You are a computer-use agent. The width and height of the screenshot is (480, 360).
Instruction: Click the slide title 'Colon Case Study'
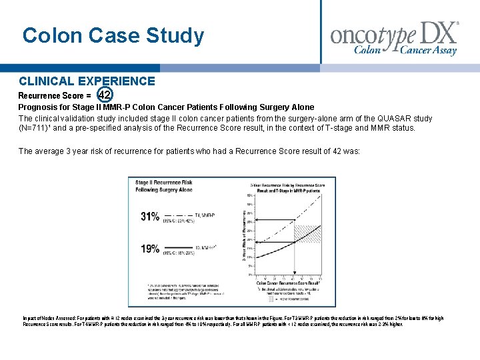(x=113, y=35)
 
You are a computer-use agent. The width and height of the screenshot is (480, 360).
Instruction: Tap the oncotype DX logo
(x=395, y=37)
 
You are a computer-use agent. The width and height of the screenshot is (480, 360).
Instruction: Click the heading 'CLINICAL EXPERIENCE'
(x=87, y=81)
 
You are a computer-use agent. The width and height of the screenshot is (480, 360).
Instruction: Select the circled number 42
(x=104, y=95)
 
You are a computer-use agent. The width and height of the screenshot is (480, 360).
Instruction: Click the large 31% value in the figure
(x=150, y=216)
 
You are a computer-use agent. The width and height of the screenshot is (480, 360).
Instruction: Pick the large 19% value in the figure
(x=150, y=249)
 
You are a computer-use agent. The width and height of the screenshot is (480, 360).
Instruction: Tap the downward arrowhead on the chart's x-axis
(x=294, y=272)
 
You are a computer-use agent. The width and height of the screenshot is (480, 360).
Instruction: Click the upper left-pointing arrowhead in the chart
(x=243, y=220)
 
